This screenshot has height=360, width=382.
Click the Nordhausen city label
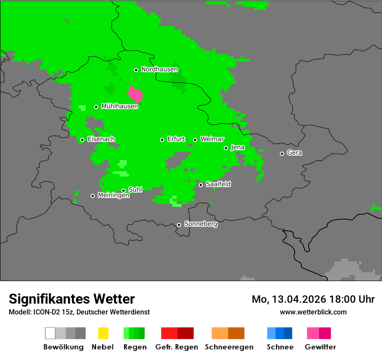coord(159,69)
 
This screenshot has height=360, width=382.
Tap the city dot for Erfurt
coord(162,140)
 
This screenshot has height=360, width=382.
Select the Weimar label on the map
coord(212,139)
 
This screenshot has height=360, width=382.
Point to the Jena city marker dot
coord(226,148)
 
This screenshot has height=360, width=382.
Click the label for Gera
coord(294,153)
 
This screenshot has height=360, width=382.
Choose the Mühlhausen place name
coord(119,106)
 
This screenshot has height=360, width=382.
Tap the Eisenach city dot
coord(82,140)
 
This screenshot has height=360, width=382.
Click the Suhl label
coord(135,190)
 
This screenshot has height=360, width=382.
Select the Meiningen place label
coord(113,196)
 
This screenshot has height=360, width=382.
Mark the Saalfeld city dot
coord(201,185)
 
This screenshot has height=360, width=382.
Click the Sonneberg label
coord(201,224)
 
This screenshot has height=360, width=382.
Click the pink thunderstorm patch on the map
coord(135,94)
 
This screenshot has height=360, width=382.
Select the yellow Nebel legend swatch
coord(103,333)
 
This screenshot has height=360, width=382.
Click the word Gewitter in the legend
coord(320,347)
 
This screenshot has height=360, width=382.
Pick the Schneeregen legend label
coord(229,347)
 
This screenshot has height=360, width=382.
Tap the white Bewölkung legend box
coord(50,333)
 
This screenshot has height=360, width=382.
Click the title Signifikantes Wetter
coord(72,299)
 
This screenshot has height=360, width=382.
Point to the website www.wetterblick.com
coord(313,312)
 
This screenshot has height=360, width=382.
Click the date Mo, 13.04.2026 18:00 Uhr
coord(313,299)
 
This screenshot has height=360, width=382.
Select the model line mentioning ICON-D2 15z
coord(79,312)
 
